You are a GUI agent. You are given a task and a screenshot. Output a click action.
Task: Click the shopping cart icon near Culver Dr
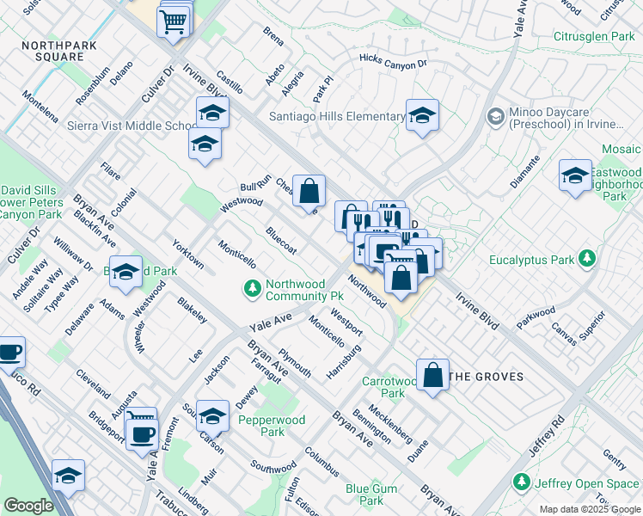(175, 21)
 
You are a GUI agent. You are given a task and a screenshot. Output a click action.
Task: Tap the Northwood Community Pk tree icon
(253, 289)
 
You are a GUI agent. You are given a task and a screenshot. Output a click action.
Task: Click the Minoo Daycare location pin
(495, 115)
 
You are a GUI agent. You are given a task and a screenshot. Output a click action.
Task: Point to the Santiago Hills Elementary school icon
(422, 116)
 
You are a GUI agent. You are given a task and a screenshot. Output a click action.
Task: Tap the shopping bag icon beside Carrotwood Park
(434, 375)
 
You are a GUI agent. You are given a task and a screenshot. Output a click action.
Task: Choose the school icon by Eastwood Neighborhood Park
(575, 176)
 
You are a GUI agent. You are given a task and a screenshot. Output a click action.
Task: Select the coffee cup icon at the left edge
(9, 353)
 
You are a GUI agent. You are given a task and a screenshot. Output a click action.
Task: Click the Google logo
(28, 506)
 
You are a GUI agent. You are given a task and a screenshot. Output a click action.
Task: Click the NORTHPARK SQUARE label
(53, 50)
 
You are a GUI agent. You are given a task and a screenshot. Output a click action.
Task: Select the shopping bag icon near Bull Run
(309, 191)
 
